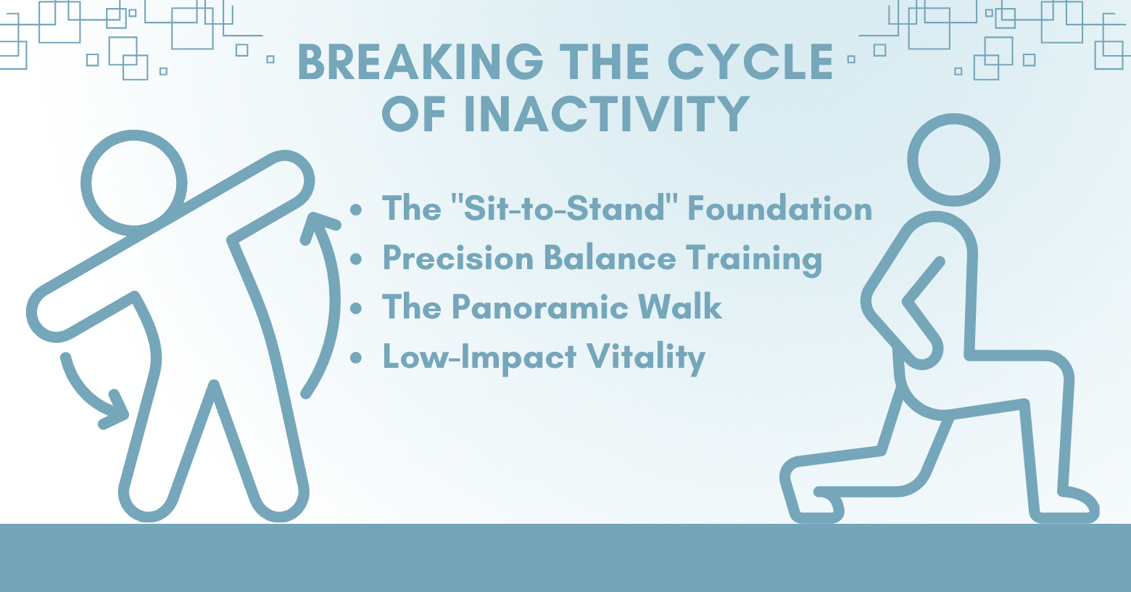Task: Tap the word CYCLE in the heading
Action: [x=750, y=62]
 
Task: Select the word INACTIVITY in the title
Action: [x=606, y=114]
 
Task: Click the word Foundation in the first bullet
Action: [x=780, y=208]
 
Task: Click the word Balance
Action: [x=610, y=258]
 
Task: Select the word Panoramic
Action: [x=539, y=307]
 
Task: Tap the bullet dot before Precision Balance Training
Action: [x=356, y=258]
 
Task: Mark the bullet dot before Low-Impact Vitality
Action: [x=356, y=358]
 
